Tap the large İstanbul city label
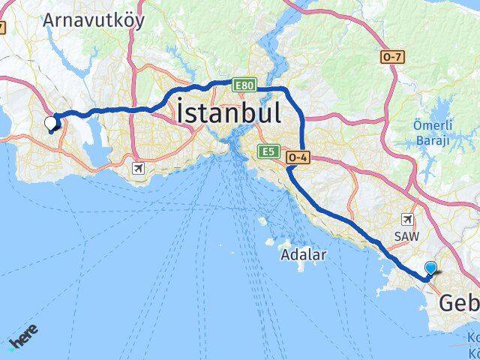pyautogui.click(x=229, y=113)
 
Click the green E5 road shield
pyautogui.click(x=268, y=152)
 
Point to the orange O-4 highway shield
pyautogui.click(x=298, y=157)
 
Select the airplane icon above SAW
pyautogui.click(x=407, y=219)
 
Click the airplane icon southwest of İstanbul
pyautogui.click(x=137, y=168)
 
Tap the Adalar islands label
pyautogui.click(x=304, y=255)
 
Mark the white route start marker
pyautogui.click(x=50, y=123)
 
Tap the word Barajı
pyautogui.click(x=433, y=140)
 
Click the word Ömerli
pyautogui.click(x=433, y=125)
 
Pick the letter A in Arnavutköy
pyautogui.click(x=49, y=20)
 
